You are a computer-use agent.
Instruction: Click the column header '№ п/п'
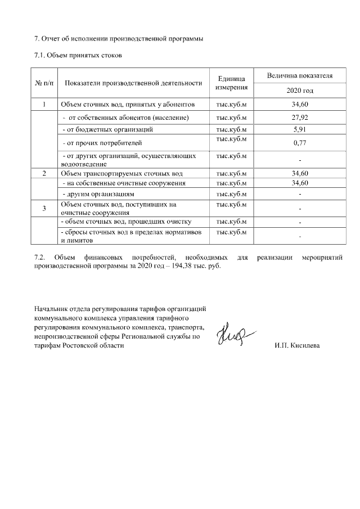tap(44, 83)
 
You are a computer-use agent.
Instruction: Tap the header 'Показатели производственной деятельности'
tap(133, 83)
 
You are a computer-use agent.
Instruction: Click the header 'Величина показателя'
tap(299, 75)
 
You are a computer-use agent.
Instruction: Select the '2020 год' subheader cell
tap(299, 91)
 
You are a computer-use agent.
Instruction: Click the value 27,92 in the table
tap(299, 118)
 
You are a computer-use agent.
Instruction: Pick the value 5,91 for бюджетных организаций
tap(299, 129)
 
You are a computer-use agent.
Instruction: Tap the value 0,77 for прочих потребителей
tap(299, 143)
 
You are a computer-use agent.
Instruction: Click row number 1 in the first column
tap(44, 105)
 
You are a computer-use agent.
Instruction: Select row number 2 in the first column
tap(44, 173)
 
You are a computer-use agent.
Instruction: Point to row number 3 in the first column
tap(44, 209)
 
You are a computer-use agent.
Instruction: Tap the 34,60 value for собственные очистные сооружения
tap(299, 183)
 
